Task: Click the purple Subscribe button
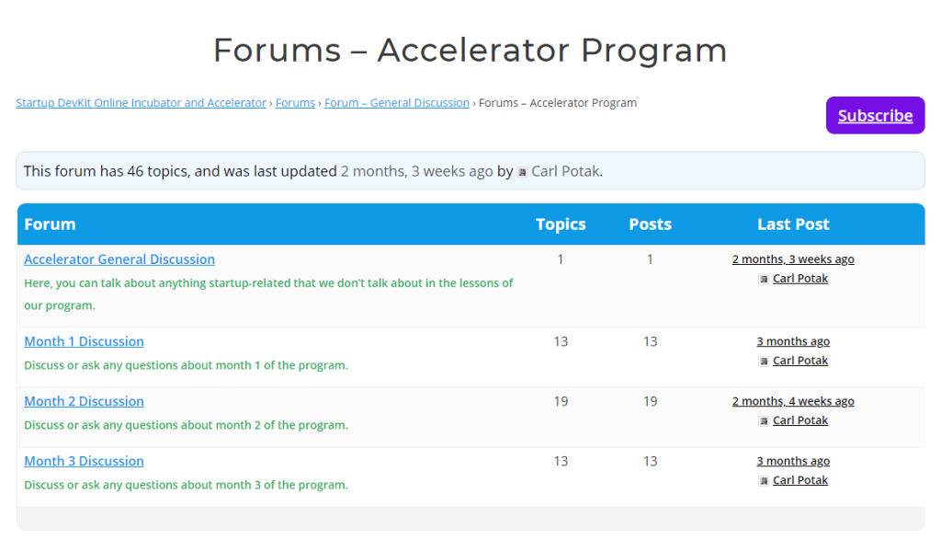coord(875,116)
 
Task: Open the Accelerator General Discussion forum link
coord(119,259)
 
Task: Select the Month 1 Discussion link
coord(84,341)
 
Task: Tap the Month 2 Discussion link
coord(84,401)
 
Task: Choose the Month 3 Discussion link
coord(84,461)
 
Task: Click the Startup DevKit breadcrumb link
coord(141,103)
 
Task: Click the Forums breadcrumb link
coord(295,103)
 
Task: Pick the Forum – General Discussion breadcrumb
coord(397,103)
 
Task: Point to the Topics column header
coord(561,224)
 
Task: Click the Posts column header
coord(650,224)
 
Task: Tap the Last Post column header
coord(793,224)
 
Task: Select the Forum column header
coord(50,224)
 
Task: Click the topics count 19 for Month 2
coord(561,401)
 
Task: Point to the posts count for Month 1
coord(650,341)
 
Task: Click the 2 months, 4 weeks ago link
coord(793,401)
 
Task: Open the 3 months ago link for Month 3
coord(793,461)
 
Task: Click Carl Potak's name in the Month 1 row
coord(800,361)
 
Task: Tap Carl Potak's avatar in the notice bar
coord(522,172)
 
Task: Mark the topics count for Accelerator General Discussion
coord(561,259)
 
